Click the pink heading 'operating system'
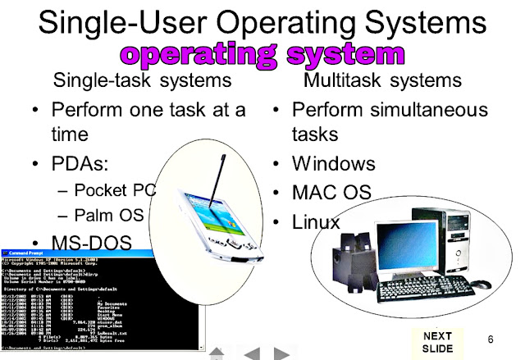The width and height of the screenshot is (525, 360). [262, 55]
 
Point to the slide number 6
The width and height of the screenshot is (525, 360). [491, 339]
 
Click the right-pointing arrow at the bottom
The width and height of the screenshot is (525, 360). [281, 353]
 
